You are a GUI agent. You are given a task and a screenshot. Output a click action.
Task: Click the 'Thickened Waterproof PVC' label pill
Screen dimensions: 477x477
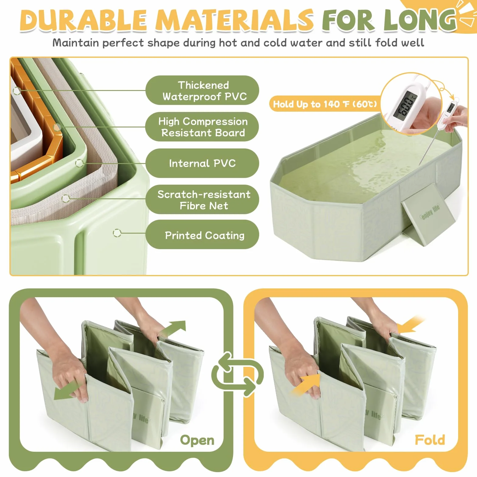202,90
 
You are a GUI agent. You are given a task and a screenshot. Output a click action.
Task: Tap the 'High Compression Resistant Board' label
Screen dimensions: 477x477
202,127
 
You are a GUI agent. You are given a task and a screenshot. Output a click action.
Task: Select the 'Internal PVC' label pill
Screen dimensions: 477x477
202,163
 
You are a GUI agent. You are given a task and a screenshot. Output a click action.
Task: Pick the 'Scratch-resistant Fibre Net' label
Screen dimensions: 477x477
202,200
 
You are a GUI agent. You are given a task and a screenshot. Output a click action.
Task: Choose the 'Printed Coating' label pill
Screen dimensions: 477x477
202,235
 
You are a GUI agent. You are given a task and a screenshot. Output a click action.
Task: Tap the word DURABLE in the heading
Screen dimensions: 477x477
83,21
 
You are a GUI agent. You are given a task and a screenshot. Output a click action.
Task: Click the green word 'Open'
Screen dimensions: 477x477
197,440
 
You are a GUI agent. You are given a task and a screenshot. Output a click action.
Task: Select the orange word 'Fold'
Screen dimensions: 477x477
430,440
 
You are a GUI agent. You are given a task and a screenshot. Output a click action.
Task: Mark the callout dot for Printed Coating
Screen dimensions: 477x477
117,233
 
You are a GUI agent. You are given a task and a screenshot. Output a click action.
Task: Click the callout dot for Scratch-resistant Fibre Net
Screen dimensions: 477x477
65,199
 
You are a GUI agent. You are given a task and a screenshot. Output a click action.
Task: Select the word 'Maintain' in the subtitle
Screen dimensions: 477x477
76,43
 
